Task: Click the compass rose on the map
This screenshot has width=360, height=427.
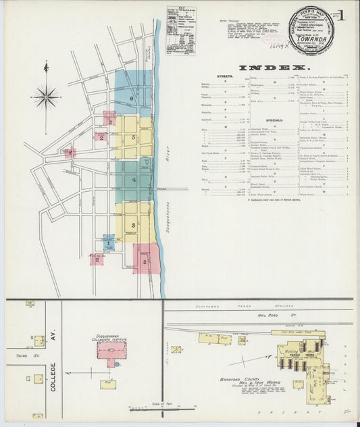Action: tap(46, 97)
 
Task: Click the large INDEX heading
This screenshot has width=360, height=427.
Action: tap(274, 68)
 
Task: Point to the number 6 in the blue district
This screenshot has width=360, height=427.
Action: tap(132, 99)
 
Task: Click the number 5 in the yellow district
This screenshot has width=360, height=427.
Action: tap(134, 138)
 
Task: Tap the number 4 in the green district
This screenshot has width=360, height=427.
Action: tap(134, 180)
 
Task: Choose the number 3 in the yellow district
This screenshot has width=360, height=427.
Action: tap(134, 224)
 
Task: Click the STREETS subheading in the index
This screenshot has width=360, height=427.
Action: tap(226, 78)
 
